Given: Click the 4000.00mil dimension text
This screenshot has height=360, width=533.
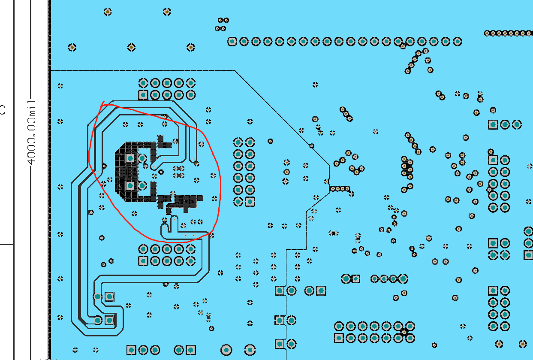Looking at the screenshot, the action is tap(32, 132).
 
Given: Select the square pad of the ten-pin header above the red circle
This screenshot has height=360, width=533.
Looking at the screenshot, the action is tap(143, 95).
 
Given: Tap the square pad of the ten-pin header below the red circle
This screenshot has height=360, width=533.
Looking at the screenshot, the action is tap(143, 261).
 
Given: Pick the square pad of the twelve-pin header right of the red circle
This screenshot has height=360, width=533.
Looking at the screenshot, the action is tap(250, 202).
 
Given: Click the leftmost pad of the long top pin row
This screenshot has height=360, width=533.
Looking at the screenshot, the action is tap(232, 42).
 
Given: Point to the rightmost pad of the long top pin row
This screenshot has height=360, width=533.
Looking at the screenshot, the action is tap(458, 42).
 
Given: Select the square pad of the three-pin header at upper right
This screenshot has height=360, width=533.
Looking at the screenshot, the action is tap(493, 124).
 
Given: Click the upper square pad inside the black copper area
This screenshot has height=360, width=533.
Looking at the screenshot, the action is tap(130, 158).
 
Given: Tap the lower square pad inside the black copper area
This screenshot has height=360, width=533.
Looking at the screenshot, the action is tap(130, 186).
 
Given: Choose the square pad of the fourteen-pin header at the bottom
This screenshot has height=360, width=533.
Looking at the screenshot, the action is tap(339, 338).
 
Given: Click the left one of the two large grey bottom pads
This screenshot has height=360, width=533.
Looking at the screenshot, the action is tap(226, 350).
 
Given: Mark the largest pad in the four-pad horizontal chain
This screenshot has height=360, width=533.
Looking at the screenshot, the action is tap(403, 278).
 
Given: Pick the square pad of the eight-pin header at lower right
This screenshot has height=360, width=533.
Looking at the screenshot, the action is tap(493, 291).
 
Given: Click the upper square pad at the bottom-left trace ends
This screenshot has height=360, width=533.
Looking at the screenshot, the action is tap(109, 296).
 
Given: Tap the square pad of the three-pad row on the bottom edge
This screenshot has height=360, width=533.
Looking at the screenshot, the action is tap(131, 350).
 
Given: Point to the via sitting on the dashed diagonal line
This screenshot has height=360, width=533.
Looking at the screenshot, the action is tap(312, 146).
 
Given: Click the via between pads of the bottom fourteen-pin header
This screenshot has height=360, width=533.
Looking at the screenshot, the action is tap(404, 332).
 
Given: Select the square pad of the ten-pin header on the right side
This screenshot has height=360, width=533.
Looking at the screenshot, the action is tap(493, 160).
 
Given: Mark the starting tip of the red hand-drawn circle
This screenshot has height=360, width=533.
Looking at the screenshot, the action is tap(104, 101).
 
